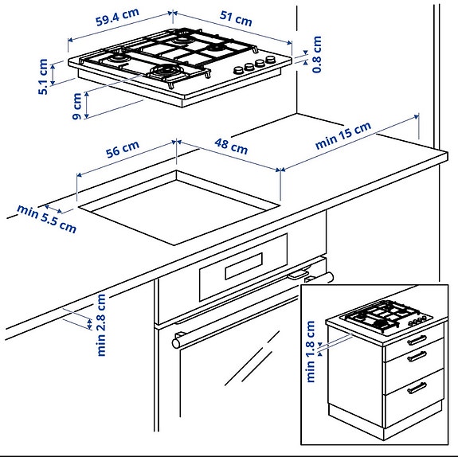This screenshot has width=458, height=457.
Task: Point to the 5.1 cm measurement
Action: pyautogui.click(x=43, y=76)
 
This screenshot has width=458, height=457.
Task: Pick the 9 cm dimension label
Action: pyautogui.click(x=76, y=106)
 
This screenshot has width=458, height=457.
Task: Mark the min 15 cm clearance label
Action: pyautogui.click(x=343, y=136)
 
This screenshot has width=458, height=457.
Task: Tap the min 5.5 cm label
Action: pyautogui.click(x=47, y=219)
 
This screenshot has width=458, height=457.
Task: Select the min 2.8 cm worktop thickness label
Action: pyautogui.click(x=101, y=324)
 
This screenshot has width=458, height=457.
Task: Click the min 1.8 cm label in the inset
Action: pyautogui.click(x=311, y=351)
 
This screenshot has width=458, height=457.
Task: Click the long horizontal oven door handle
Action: pyautogui.click(x=251, y=307)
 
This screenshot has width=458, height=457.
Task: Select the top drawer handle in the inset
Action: pyautogui.click(x=417, y=340)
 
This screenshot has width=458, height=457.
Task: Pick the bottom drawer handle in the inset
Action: pyautogui.click(x=417, y=389)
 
